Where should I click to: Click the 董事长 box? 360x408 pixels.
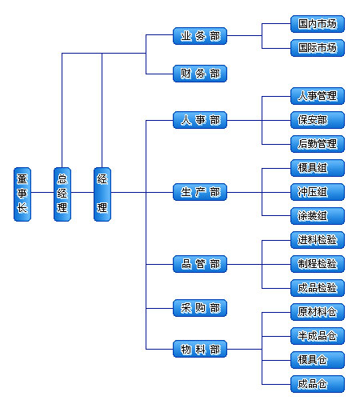coord(22,194)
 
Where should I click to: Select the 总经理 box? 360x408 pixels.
coord(62,194)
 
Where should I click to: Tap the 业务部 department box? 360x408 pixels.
coord(200,36)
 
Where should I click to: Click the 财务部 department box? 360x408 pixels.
coord(200,74)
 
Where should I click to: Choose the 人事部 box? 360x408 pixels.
coord(200,120)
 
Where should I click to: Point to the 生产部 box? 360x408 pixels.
coord(200,192)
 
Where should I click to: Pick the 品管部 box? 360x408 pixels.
coord(200,264)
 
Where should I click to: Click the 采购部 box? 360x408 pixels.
coord(200,308)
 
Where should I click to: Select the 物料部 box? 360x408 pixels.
coord(200,349)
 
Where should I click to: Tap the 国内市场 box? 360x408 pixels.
coord(318,24)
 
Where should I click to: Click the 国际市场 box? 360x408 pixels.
coord(318,48)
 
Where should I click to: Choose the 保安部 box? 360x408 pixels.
coord(318,120)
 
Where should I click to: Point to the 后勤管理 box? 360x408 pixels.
coord(318,144)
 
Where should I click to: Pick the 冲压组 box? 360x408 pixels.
coord(318,192)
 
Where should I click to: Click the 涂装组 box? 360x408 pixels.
coord(318,216)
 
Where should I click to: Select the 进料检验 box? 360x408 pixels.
coord(318,240)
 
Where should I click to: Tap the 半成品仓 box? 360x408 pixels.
coord(318,336)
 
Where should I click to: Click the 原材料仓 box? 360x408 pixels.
coord(318,312)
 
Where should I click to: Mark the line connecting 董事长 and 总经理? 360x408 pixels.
coord(42,192)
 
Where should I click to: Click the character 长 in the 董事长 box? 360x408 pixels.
coord(22,208)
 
